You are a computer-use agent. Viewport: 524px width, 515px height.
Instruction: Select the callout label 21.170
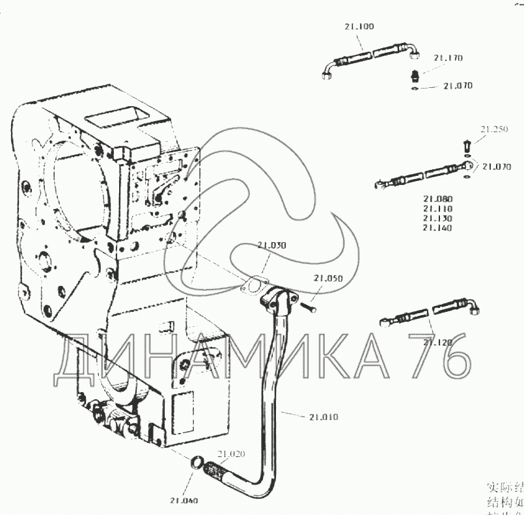[x=449, y=58]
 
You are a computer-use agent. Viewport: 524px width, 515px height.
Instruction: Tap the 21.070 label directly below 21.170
[x=458, y=85]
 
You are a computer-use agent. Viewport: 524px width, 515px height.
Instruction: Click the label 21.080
[x=437, y=199]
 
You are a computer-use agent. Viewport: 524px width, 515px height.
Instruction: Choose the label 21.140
[x=437, y=228]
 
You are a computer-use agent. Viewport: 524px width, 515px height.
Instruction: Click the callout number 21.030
[x=271, y=245]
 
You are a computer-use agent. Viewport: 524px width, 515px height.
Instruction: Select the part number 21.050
[x=328, y=278]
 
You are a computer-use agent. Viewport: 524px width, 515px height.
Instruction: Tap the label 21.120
[x=438, y=342]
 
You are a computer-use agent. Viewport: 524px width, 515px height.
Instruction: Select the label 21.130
[x=437, y=218]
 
